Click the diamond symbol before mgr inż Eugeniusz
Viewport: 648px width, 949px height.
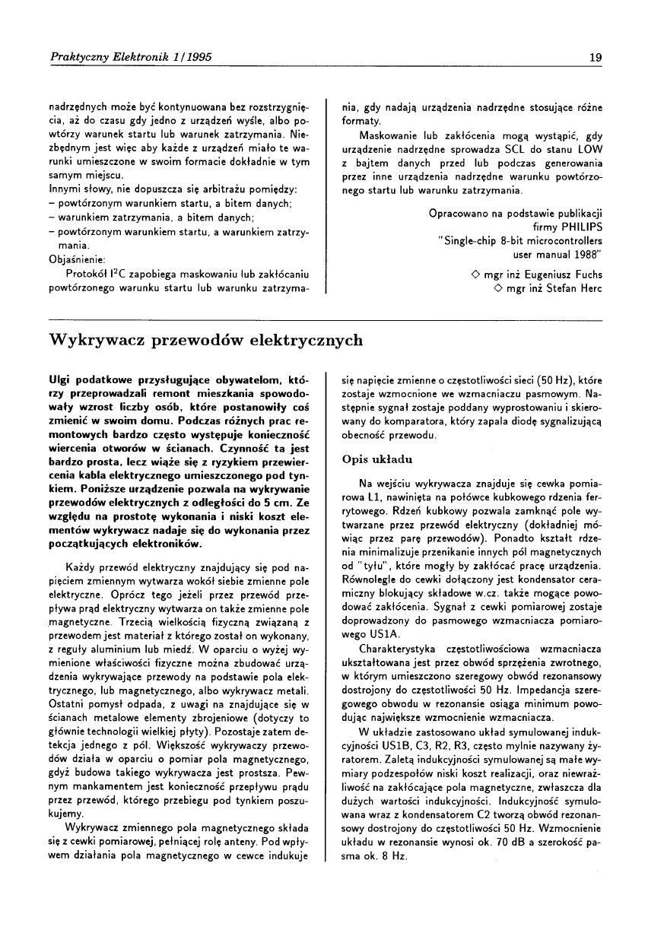(475, 275)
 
